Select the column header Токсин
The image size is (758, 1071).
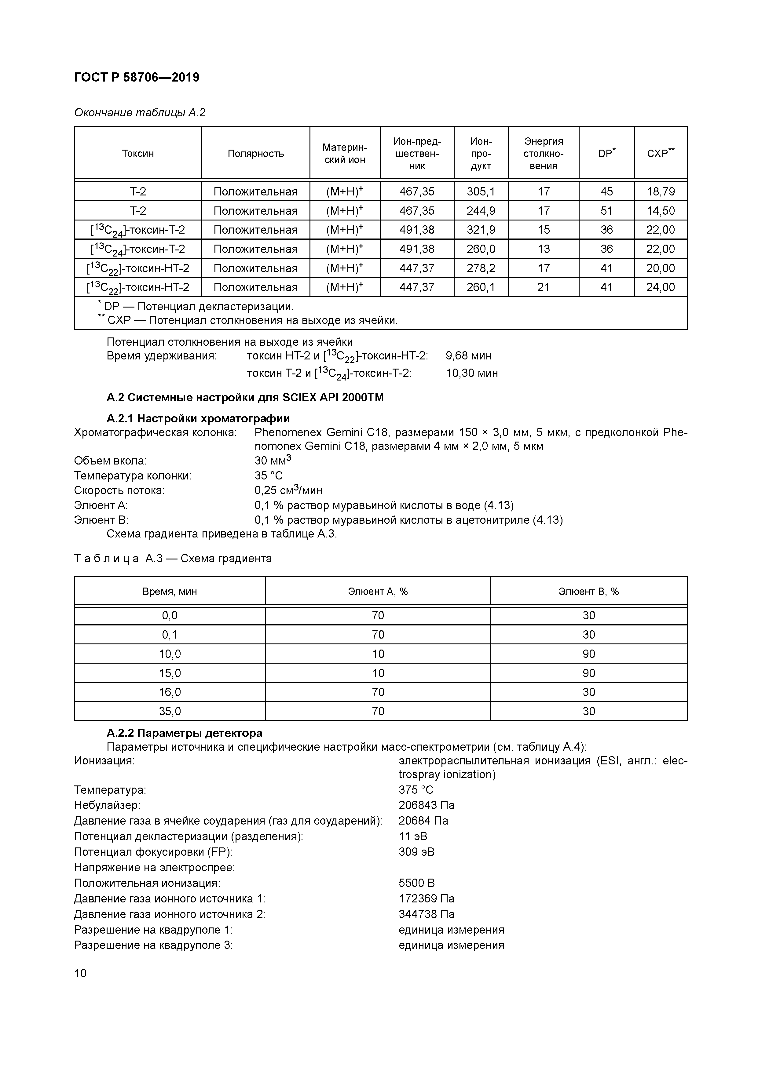[x=138, y=154]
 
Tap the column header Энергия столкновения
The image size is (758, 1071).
[x=543, y=154]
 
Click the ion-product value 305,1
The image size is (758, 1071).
[x=481, y=192]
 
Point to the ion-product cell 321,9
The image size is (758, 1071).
[x=481, y=230]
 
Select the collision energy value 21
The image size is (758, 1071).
[x=543, y=287]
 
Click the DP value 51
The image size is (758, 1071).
[x=606, y=211]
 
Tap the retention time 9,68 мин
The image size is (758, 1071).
[x=468, y=356]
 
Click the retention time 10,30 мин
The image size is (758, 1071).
[x=471, y=373]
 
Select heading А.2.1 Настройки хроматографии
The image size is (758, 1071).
[x=198, y=418]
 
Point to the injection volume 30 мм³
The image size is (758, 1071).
[x=273, y=461]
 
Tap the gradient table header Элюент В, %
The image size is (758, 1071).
[x=588, y=592]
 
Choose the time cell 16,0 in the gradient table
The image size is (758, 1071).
[x=170, y=692]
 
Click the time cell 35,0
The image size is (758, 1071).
[x=170, y=711]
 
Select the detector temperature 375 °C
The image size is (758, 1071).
[x=416, y=790]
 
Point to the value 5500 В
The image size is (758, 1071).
[x=416, y=883]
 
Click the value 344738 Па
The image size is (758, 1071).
[x=426, y=914]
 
